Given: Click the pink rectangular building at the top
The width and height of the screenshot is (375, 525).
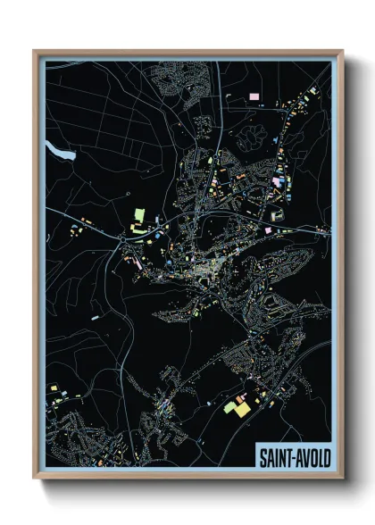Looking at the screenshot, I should [254, 95].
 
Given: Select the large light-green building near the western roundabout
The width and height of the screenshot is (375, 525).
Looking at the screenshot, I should [138, 215].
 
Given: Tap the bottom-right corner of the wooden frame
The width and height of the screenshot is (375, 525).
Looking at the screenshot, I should [342, 479].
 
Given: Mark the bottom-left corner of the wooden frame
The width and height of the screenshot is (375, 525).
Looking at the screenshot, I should [35, 479].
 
